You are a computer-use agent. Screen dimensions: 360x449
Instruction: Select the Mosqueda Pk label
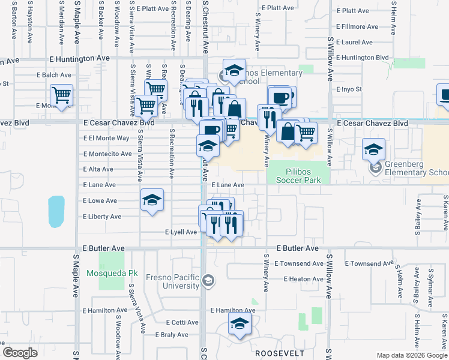[x=112, y=273]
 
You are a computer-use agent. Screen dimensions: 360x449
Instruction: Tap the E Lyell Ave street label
[x=181, y=232]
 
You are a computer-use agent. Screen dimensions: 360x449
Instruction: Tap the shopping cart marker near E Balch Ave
[x=62, y=95]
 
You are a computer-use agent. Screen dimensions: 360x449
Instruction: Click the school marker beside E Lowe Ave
[x=152, y=200]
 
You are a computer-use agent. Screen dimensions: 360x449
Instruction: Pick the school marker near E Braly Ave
[x=240, y=326]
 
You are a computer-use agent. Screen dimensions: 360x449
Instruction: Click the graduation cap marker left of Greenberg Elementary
[x=373, y=149]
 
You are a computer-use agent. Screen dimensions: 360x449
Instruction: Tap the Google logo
[x=20, y=353]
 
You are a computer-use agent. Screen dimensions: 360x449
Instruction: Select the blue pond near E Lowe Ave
[x=55, y=211]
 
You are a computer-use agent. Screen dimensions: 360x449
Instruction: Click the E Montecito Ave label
[x=107, y=154]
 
